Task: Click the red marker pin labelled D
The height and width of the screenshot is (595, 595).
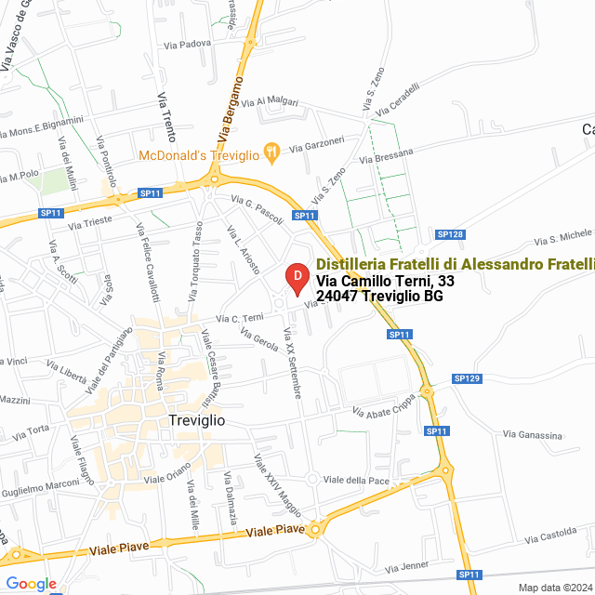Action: click(296, 278)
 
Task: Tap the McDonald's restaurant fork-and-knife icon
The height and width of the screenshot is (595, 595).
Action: click(271, 151)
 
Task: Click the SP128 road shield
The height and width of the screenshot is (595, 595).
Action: click(450, 234)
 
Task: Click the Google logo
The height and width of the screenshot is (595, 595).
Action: click(31, 584)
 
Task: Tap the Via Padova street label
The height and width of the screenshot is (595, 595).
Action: click(186, 44)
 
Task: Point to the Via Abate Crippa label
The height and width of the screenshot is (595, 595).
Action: click(384, 409)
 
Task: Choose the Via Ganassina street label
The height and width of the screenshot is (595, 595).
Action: click(533, 435)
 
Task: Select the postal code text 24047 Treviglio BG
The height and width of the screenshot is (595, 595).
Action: click(379, 296)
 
